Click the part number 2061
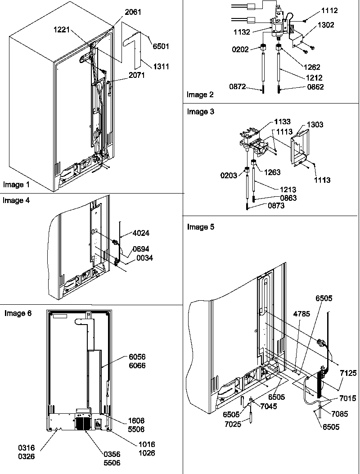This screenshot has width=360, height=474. (133, 12)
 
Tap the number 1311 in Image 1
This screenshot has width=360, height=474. (161, 67)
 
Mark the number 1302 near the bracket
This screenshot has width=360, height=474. (325, 25)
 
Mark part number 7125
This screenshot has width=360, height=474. (349, 373)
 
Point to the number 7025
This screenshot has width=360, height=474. (244, 424)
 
